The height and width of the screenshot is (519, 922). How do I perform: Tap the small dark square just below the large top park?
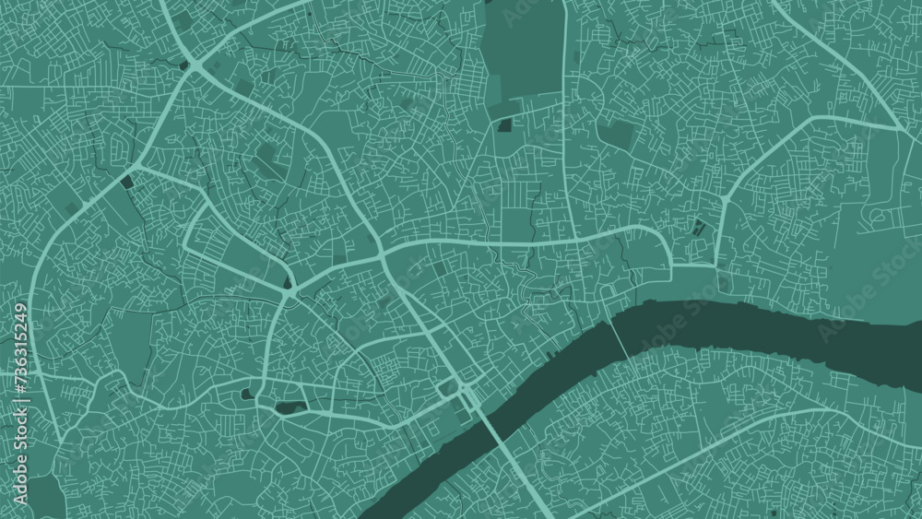[x=504, y=125]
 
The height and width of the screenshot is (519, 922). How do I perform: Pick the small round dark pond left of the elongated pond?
[x=246, y=395]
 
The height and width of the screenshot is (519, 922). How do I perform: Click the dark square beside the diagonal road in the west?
[x=126, y=183]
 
